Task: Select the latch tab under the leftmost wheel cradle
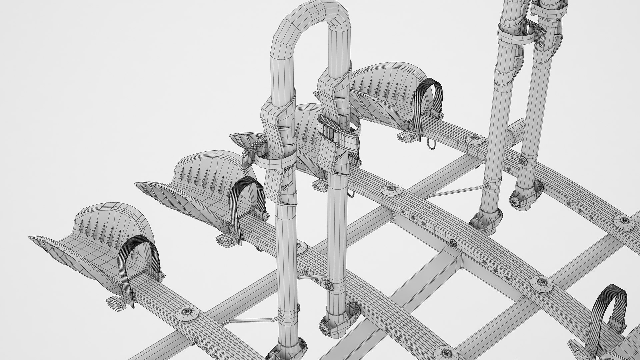tap(113, 302)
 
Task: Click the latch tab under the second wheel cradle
tap(223, 239)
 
